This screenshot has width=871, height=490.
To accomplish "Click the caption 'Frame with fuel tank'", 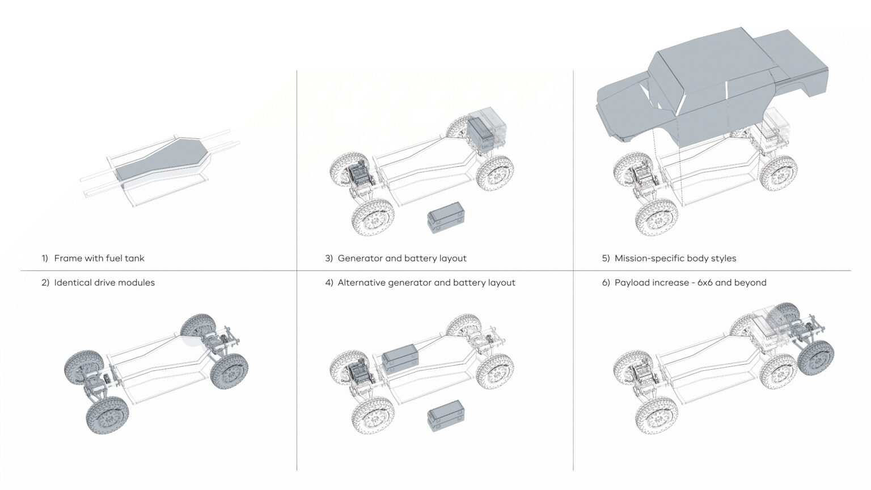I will [99, 259].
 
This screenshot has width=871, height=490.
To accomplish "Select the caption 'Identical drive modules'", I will [104, 283].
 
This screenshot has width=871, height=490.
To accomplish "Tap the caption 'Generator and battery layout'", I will [402, 259].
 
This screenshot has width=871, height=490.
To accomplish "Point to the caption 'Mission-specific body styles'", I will [675, 259].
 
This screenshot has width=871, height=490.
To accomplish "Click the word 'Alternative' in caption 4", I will [361, 283].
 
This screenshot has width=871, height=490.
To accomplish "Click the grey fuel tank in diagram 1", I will [162, 159].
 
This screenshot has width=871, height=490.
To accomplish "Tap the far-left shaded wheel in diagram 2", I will [84, 369].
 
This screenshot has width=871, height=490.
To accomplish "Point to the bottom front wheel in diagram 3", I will [373, 218].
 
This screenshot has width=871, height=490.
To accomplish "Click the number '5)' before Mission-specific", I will [606, 259].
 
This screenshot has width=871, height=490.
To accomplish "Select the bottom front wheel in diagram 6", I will [657, 417].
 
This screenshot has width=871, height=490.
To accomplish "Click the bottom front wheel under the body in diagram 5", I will [657, 218].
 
